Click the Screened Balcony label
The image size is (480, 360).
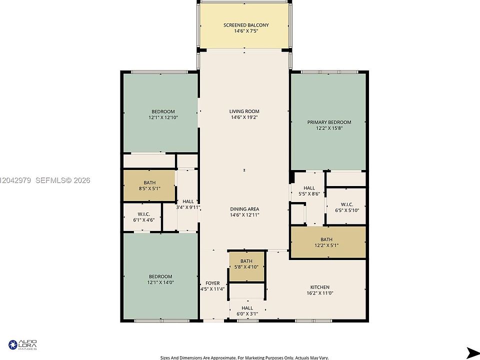tap(246, 25)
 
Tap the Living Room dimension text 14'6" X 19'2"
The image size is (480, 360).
tap(244, 117)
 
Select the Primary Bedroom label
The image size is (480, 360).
tap(329, 122)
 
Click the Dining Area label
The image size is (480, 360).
tap(244, 209)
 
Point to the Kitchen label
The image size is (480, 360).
tap(320, 287)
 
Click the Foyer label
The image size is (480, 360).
tap(212, 283)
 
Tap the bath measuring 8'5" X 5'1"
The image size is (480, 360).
tap(149, 185)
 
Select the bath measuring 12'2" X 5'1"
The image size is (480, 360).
tap(328, 242)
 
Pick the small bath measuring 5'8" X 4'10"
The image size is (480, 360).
tap(246, 266)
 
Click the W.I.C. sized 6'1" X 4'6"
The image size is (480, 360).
tap(142, 217)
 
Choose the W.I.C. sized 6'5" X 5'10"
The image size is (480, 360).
tap(346, 206)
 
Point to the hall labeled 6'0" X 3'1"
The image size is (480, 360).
tap(247, 310)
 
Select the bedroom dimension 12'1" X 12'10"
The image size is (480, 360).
tap(163, 117)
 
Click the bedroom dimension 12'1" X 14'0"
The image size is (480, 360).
tap(160, 282)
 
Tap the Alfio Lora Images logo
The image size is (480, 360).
tap(22, 344)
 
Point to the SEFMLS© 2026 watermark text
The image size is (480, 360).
tap(63, 180)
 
